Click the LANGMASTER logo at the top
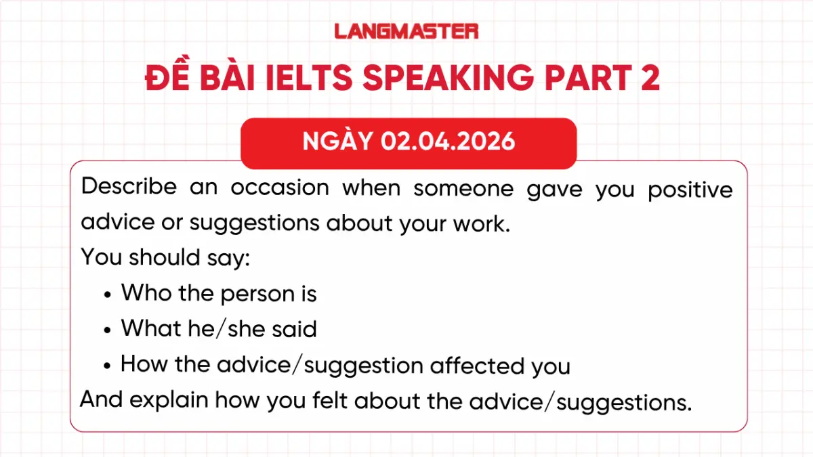click(x=406, y=30)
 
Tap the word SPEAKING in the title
click(x=448, y=79)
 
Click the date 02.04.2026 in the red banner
click(x=448, y=142)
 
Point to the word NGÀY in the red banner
click(x=337, y=142)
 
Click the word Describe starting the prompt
click(x=129, y=188)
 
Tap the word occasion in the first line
click(x=279, y=188)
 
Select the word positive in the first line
click(x=690, y=190)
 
